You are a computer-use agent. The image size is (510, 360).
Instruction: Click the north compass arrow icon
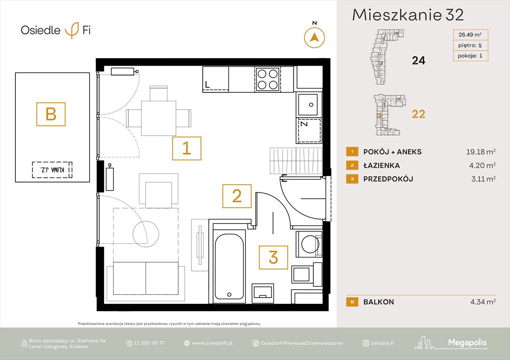[x=314, y=37]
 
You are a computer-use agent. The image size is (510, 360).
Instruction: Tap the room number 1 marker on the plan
[x=187, y=149]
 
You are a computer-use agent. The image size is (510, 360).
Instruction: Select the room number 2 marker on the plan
[x=236, y=195]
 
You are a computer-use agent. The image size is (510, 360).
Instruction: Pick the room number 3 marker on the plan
[x=274, y=257]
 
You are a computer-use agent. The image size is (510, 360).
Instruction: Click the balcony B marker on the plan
[x=51, y=114]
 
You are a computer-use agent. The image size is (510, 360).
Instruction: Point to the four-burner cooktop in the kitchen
[x=268, y=78]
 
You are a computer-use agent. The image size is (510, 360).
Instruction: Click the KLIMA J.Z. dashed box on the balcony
[x=52, y=170]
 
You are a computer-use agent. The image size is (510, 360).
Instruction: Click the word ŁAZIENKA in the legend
[x=381, y=165]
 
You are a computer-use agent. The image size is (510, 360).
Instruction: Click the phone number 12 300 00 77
[x=149, y=343]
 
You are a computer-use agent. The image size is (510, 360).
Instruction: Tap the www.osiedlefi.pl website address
[x=212, y=343]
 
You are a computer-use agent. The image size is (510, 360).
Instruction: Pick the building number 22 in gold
[x=418, y=114]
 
